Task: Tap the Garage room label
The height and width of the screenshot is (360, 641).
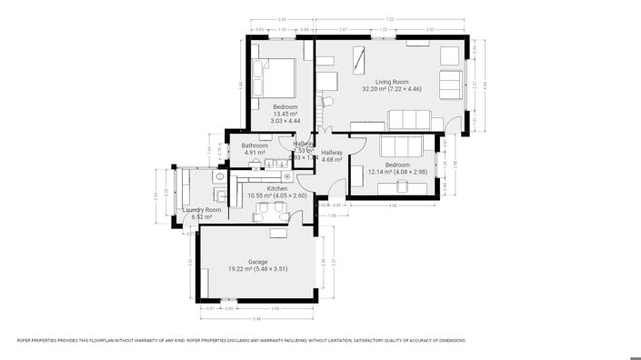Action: point(258,262)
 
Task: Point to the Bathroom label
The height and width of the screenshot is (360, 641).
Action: point(255,145)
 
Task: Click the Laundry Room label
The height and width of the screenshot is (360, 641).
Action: point(201,210)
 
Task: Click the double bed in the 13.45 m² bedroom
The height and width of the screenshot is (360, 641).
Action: point(274,76)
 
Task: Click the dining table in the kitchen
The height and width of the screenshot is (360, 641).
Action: point(270,211)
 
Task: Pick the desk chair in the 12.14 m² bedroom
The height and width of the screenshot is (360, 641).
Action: point(403,185)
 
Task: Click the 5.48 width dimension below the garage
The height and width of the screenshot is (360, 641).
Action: point(257,318)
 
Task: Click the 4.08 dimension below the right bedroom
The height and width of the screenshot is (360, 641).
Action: point(393,205)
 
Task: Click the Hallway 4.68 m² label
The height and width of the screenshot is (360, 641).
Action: point(332,156)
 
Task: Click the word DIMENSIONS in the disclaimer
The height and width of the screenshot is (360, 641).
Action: point(452,341)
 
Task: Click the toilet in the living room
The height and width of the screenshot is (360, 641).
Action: point(327,102)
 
